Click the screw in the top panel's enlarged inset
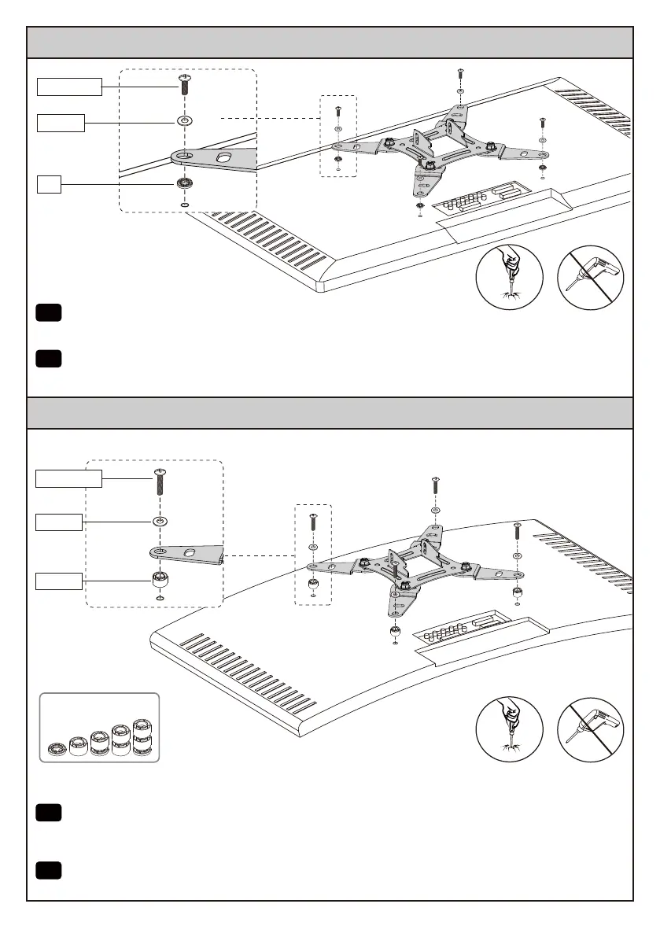tap(186, 85)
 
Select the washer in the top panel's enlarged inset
tap(186, 121)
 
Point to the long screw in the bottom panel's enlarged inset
tap(160, 481)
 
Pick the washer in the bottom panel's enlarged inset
tap(160, 521)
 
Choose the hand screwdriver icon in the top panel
tap(510, 278)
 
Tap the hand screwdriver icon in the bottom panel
tap(510, 729)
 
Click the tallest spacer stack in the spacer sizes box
tap(141, 739)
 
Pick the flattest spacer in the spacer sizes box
tap(57, 748)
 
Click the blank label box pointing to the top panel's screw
tap(70, 87)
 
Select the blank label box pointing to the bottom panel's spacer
tap(60, 581)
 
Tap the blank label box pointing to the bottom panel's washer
tap(60, 522)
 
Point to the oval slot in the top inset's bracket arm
tap(224, 157)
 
